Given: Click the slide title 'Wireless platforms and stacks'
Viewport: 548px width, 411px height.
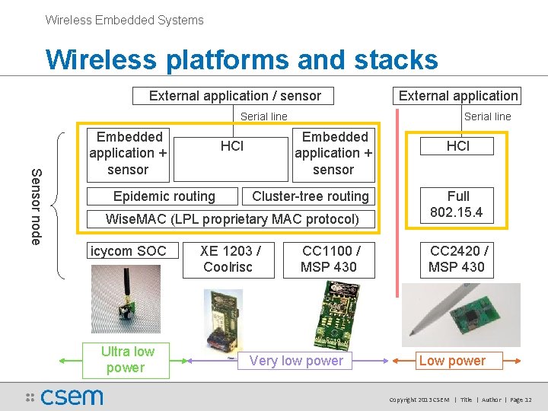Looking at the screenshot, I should pyautogui.click(x=241, y=59).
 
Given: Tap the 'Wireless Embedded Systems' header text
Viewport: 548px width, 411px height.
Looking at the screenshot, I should pyautogui.click(x=124, y=21).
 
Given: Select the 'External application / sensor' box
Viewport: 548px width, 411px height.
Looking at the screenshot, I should pyautogui.click(x=234, y=96).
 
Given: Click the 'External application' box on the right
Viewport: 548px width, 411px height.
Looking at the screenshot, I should pyautogui.click(x=458, y=96).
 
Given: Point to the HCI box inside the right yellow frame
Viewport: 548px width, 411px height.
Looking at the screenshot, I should pyautogui.click(x=458, y=146).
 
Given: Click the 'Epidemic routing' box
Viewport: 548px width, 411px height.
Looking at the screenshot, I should pyautogui.click(x=164, y=196).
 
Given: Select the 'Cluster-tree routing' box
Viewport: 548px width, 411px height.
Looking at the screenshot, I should pyautogui.click(x=310, y=196).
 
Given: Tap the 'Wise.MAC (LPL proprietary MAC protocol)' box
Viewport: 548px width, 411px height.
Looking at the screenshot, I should pyautogui.click(x=231, y=220).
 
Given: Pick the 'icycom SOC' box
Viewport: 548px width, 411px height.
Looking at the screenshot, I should pyautogui.click(x=128, y=251).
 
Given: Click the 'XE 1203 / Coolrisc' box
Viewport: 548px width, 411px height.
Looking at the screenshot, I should pyautogui.click(x=231, y=259).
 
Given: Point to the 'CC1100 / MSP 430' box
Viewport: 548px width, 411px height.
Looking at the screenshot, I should pyautogui.click(x=331, y=259).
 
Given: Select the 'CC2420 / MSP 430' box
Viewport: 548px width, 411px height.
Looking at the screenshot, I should pyautogui.click(x=458, y=259).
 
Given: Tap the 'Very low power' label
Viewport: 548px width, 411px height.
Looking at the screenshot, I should pyautogui.click(x=296, y=361).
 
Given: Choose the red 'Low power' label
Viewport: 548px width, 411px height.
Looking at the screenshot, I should pyautogui.click(x=452, y=361).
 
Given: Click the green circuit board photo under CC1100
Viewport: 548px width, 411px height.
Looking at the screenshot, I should pyautogui.click(x=330, y=312).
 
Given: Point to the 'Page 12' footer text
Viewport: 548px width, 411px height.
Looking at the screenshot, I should pyautogui.click(x=521, y=400).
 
